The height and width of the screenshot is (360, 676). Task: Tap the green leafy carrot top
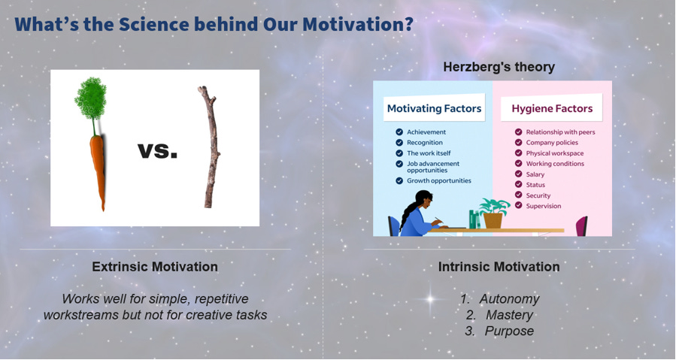90,99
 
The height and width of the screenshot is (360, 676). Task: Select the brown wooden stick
211,147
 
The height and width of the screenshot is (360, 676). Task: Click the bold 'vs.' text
157,151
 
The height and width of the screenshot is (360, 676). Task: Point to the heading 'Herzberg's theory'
499,67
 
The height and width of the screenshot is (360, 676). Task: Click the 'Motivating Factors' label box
434,108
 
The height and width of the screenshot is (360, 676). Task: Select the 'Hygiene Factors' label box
552,108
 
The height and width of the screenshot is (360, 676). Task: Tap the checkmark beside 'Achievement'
399,132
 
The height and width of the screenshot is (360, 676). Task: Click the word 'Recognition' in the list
425,143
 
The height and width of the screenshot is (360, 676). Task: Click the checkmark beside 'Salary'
519,174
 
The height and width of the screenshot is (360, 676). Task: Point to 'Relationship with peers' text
560,132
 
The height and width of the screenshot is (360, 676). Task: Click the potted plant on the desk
493,213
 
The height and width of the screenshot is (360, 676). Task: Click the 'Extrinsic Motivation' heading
155,267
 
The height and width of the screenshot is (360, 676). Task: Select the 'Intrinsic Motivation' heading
499,267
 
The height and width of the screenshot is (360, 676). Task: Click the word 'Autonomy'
509,299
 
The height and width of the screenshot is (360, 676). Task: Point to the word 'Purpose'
509,331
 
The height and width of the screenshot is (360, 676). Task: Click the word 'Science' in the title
153,24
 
